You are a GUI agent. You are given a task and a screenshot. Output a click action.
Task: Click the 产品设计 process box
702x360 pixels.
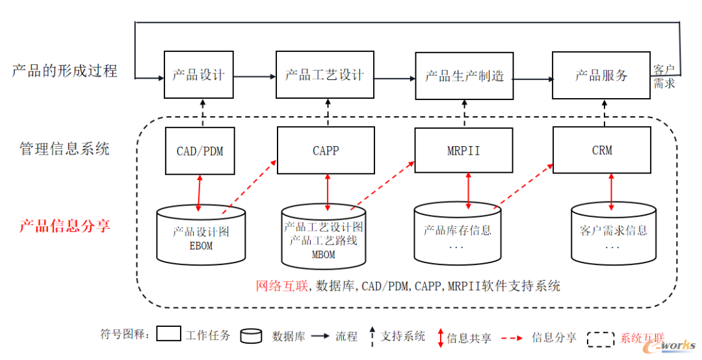pyautogui.click(x=198, y=75)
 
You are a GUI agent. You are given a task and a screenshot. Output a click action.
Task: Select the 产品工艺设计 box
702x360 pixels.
pyautogui.click(x=325, y=75)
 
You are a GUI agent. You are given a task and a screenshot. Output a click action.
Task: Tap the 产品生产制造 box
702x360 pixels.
pyautogui.click(x=465, y=75)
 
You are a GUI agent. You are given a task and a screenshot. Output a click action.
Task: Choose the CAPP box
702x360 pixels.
pyautogui.click(x=326, y=151)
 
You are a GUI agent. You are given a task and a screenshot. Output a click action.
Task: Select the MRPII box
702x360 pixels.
pyautogui.click(x=464, y=151)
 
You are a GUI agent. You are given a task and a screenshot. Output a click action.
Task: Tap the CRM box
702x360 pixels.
pyautogui.click(x=602, y=151)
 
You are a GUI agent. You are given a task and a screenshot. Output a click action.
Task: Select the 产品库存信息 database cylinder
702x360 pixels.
pyautogui.click(x=458, y=234)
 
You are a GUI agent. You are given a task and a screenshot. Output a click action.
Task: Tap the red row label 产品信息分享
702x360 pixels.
pyautogui.click(x=64, y=226)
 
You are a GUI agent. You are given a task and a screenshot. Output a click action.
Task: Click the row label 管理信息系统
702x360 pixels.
pyautogui.click(x=64, y=149)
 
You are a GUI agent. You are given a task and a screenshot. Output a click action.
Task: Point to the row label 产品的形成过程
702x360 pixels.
pyautogui.click(x=64, y=71)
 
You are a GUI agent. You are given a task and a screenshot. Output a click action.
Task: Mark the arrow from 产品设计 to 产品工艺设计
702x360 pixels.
pyautogui.click(x=254, y=77)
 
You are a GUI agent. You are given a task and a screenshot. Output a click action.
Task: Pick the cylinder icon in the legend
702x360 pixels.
pyautogui.click(x=251, y=336)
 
